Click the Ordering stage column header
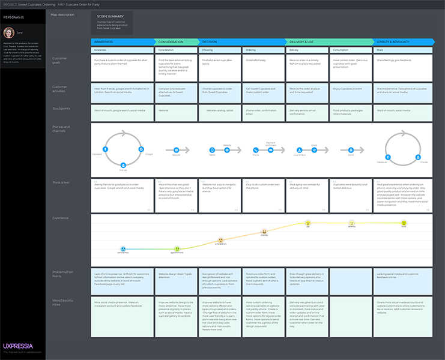[264, 50]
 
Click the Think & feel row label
[61, 182]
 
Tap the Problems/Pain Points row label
[62, 274]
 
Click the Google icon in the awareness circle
[141, 149]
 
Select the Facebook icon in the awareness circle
[106, 149]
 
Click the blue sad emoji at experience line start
[123, 248]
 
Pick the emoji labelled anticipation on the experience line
[220, 240]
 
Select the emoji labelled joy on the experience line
[308, 223]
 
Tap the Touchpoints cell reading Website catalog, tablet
[220, 110]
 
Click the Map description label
[62, 14]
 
